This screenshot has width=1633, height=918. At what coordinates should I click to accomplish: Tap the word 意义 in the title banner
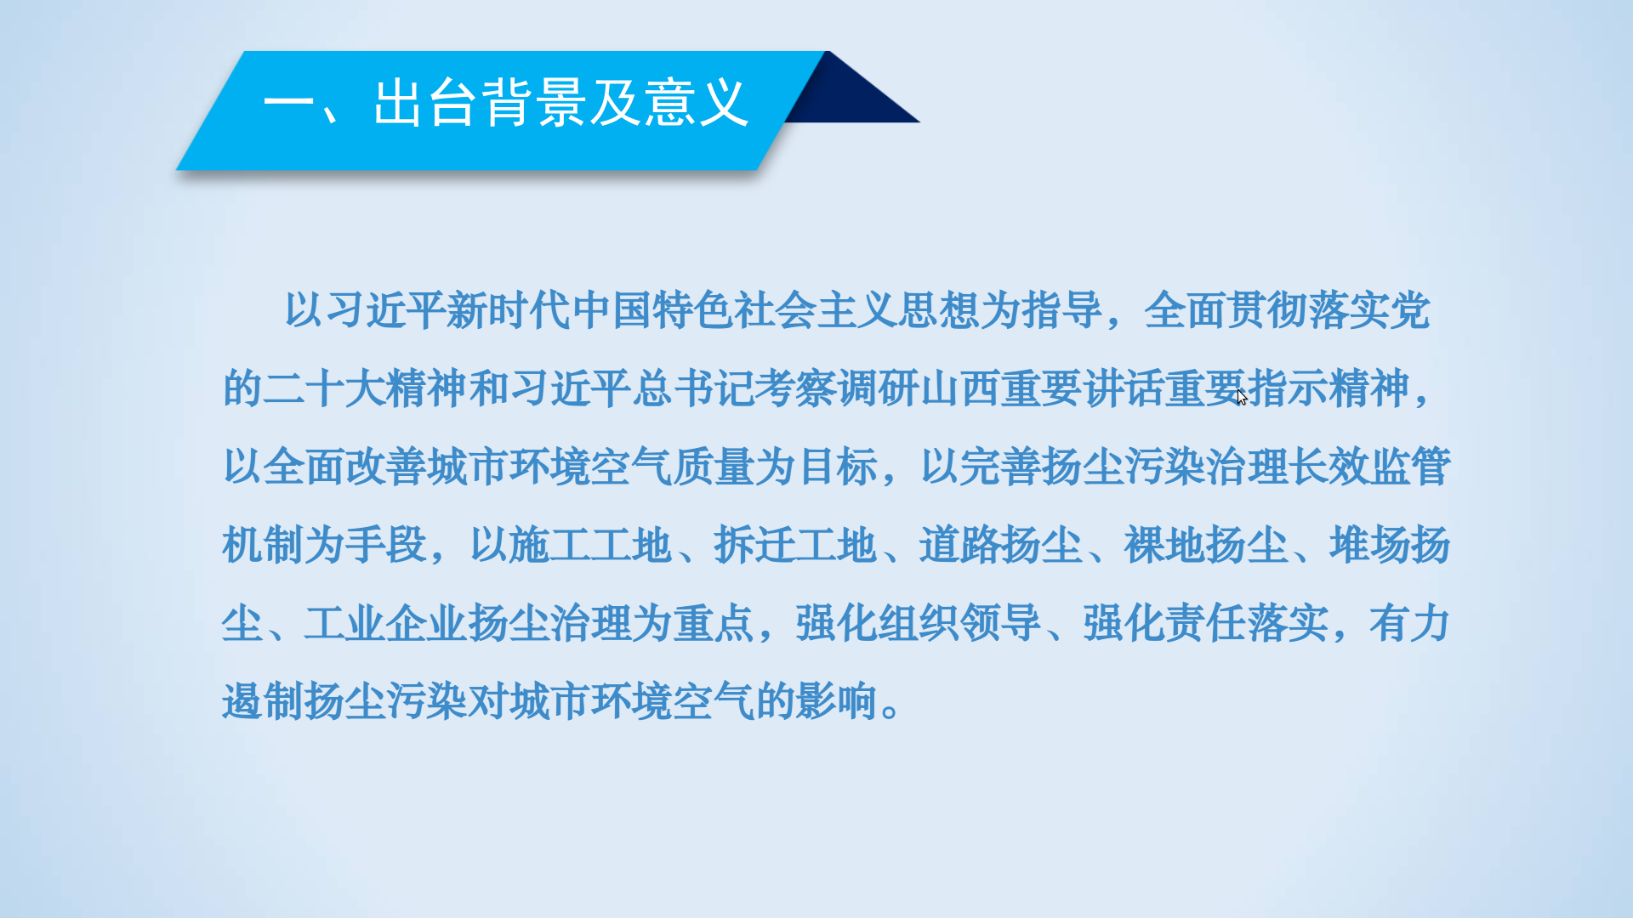696,103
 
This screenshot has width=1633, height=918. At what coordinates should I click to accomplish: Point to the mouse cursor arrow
1242,397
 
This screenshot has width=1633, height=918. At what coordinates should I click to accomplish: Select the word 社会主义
816,309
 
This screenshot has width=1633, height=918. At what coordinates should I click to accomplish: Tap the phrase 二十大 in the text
325,388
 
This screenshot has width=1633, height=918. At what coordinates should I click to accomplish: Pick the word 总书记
692,388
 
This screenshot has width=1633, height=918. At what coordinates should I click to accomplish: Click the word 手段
386,545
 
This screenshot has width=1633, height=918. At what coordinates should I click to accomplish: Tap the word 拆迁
754,545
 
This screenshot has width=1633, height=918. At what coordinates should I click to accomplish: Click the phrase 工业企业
386,623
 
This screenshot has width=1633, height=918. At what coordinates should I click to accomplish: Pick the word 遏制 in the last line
263,701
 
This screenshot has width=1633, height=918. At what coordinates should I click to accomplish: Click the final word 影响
836,701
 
